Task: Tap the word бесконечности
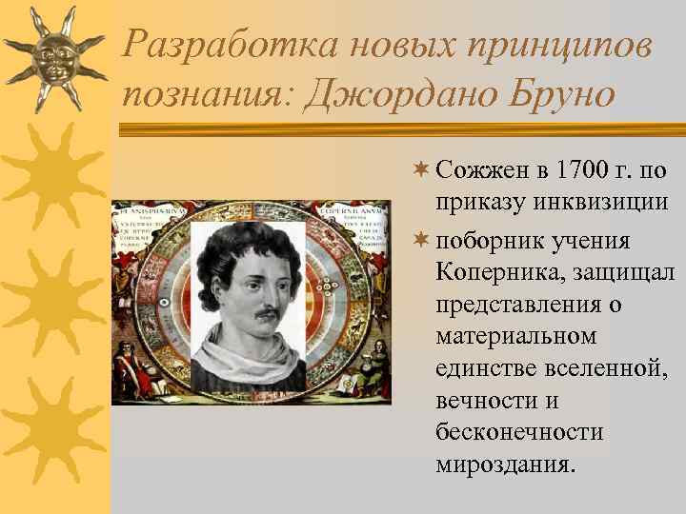point(519,433)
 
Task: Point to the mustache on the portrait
point(257,313)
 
